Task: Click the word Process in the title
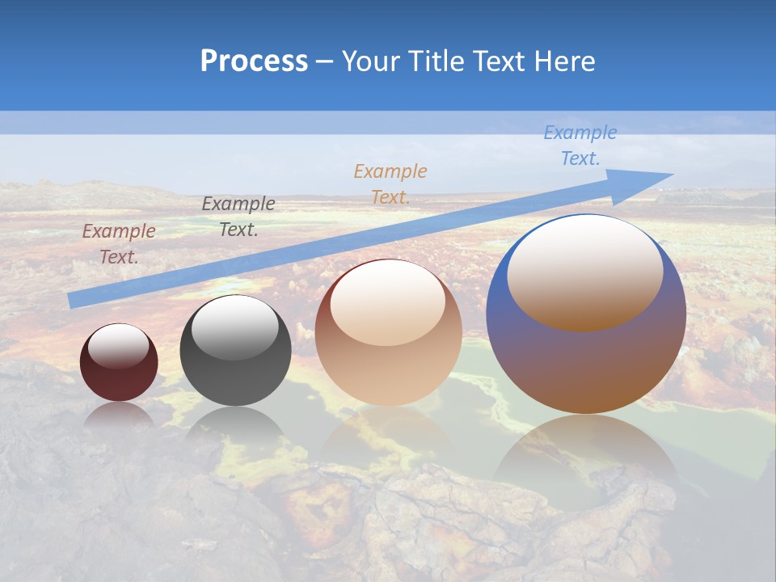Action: click(x=254, y=61)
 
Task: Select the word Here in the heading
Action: click(x=564, y=61)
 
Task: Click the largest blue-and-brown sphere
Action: click(x=586, y=364)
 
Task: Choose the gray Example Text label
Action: click(x=238, y=217)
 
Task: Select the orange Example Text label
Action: click(x=390, y=183)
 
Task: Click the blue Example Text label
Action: click(x=580, y=145)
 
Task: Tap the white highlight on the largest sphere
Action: click(x=584, y=271)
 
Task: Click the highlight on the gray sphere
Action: click(x=234, y=327)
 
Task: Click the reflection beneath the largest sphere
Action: click(x=586, y=461)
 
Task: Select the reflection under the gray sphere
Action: click(x=235, y=424)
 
